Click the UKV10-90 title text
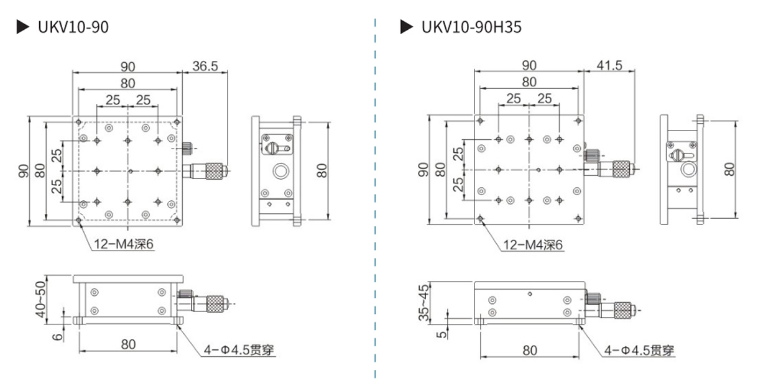coord(73,27)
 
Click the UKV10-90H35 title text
coord(471,27)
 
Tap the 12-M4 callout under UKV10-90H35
coord(533,245)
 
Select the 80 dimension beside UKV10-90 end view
coord(321,169)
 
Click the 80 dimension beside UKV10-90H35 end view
coord(730,168)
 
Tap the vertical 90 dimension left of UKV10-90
coord(24,170)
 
